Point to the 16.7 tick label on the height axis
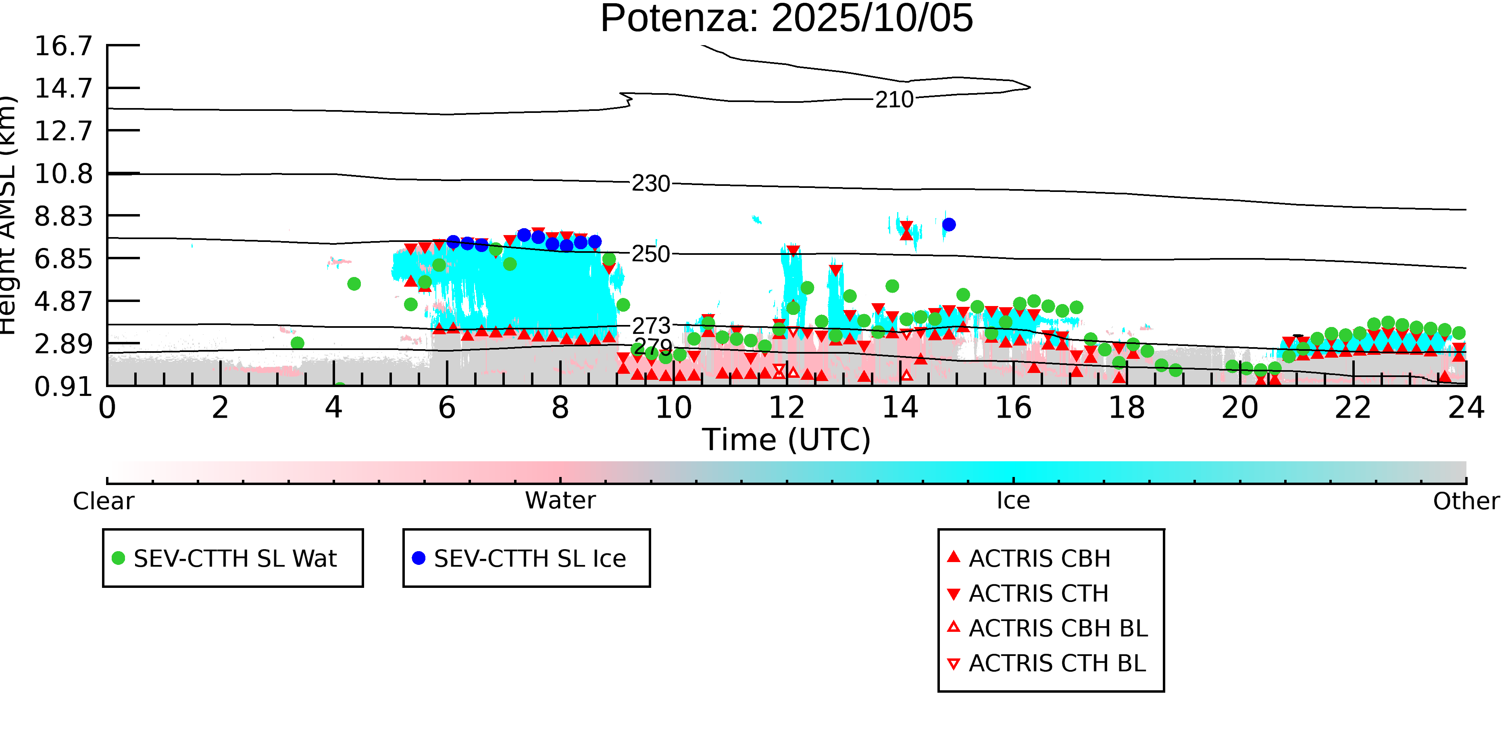(63, 46)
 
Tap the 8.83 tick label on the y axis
(63, 216)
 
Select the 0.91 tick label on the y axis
(63, 387)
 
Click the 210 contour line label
(894, 100)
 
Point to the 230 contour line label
(650, 184)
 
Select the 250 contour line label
(650, 254)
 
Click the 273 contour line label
(651, 326)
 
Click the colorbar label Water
(560, 501)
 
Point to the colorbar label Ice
(1013, 501)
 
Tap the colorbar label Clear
(103, 501)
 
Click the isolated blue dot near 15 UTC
(948, 224)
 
